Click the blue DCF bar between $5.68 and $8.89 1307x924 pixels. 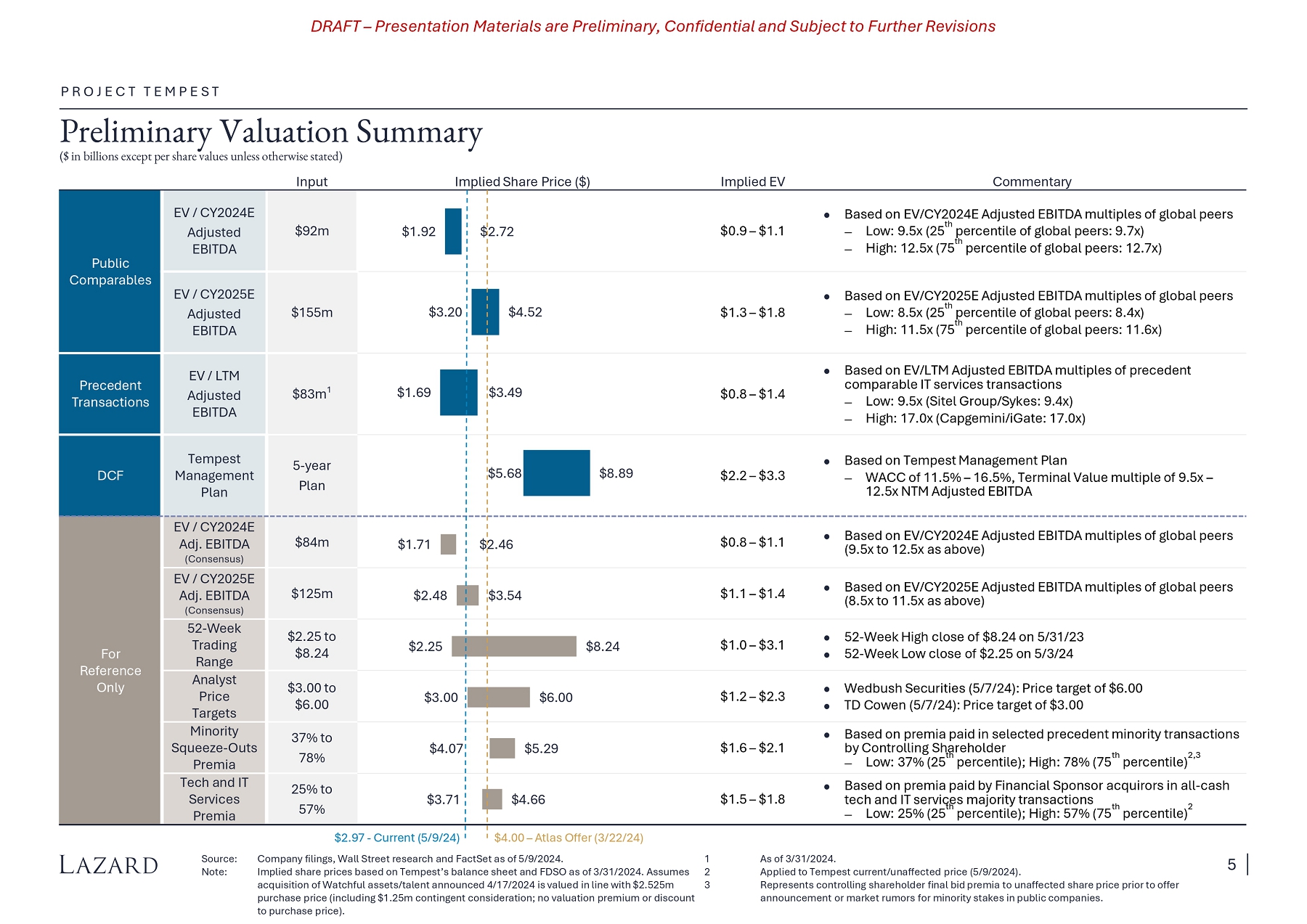click(x=556, y=473)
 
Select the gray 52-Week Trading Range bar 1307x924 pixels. click(x=514, y=646)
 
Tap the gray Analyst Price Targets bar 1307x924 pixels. click(x=498, y=697)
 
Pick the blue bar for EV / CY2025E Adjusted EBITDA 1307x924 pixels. click(x=485, y=312)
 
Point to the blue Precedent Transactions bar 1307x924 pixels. click(x=458, y=392)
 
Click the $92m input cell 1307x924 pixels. click(x=312, y=231)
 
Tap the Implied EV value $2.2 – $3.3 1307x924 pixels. click(x=752, y=475)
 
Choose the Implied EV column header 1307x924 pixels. click(x=752, y=181)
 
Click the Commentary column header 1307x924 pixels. click(x=1032, y=181)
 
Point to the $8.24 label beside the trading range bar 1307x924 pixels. click(x=603, y=646)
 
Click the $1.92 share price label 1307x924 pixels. click(x=418, y=232)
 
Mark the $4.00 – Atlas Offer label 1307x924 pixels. click(x=569, y=838)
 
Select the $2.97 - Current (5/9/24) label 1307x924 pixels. click(x=396, y=838)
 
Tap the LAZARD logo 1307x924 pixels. click(x=109, y=865)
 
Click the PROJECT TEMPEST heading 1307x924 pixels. click(x=140, y=91)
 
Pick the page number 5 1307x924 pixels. click(x=1231, y=864)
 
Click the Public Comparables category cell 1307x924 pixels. click(x=110, y=271)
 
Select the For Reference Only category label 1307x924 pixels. click(x=110, y=670)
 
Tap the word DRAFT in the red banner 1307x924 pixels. click(x=335, y=26)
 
